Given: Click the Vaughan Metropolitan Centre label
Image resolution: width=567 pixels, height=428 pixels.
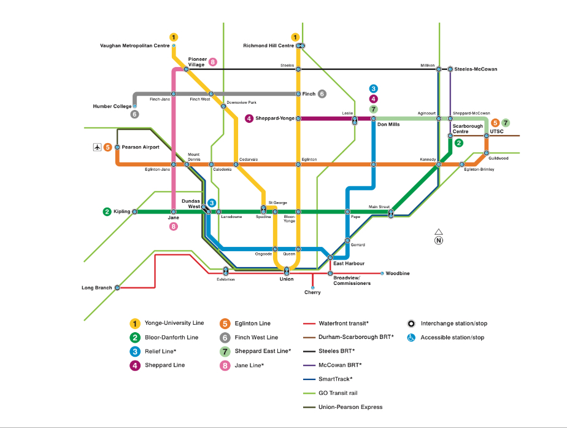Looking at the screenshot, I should click(x=134, y=46).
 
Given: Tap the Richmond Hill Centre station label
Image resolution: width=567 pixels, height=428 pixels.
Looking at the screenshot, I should click(x=268, y=46).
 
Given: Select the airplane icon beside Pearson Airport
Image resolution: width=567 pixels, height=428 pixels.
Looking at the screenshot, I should click(x=96, y=147).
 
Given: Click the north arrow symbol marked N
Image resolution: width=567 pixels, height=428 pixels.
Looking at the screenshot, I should click(x=438, y=237).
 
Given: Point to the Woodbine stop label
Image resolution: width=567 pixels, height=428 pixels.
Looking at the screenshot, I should click(x=398, y=273).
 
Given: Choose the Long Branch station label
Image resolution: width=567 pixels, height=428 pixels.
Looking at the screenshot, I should click(x=96, y=287).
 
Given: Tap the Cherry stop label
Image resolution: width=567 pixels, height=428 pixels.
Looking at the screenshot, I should click(x=312, y=292).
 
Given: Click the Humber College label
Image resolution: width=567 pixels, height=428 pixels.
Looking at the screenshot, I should click(x=112, y=106).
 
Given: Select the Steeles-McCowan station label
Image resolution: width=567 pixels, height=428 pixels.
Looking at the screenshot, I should click(x=476, y=69).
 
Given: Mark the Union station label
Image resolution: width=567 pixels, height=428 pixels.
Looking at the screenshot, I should click(x=287, y=279).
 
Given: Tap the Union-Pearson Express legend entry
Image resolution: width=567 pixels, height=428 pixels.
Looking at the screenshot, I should click(x=350, y=407).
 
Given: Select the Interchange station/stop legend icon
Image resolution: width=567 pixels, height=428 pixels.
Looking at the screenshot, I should click(x=411, y=324).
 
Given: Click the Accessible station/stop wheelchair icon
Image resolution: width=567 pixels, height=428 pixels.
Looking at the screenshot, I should click(x=411, y=337).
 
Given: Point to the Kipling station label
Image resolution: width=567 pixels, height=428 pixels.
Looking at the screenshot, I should click(x=121, y=212).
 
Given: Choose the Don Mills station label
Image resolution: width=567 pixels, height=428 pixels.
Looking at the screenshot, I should click(x=388, y=124).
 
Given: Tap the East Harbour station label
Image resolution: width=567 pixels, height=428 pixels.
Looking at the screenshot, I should click(x=349, y=263).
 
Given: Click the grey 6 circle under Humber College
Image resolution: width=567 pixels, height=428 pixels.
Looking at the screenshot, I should click(x=134, y=114).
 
